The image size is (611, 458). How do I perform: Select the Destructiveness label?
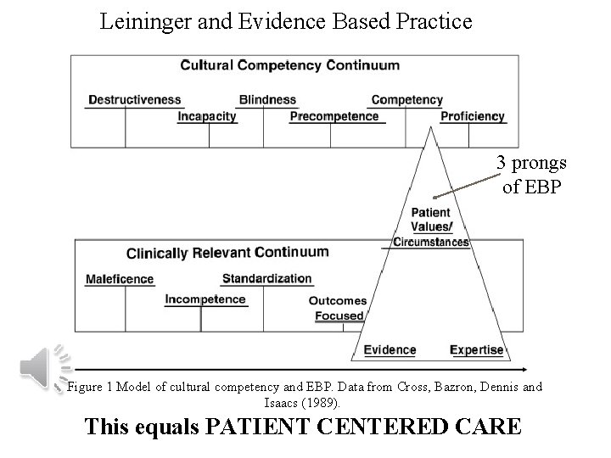click(134, 99)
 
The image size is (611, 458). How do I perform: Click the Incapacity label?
click(207, 116)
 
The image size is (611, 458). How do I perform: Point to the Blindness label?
click(267, 99)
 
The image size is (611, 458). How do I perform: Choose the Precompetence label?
click(334, 116)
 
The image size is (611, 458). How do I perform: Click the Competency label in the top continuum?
click(407, 99)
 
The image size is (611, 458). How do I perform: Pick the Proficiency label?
click(473, 116)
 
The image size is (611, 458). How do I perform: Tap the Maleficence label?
click(121, 279)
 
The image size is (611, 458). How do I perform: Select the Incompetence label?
click(205, 299)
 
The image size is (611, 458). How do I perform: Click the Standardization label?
click(266, 278)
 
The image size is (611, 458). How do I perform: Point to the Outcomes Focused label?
click(338, 308)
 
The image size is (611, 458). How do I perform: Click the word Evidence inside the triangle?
click(390, 349)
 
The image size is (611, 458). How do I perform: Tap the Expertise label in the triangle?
click(476, 349)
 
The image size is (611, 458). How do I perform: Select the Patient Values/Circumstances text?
click(430, 226)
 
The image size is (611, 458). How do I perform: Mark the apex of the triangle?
click(433, 127)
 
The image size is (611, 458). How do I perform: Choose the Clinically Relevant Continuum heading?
click(227, 252)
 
